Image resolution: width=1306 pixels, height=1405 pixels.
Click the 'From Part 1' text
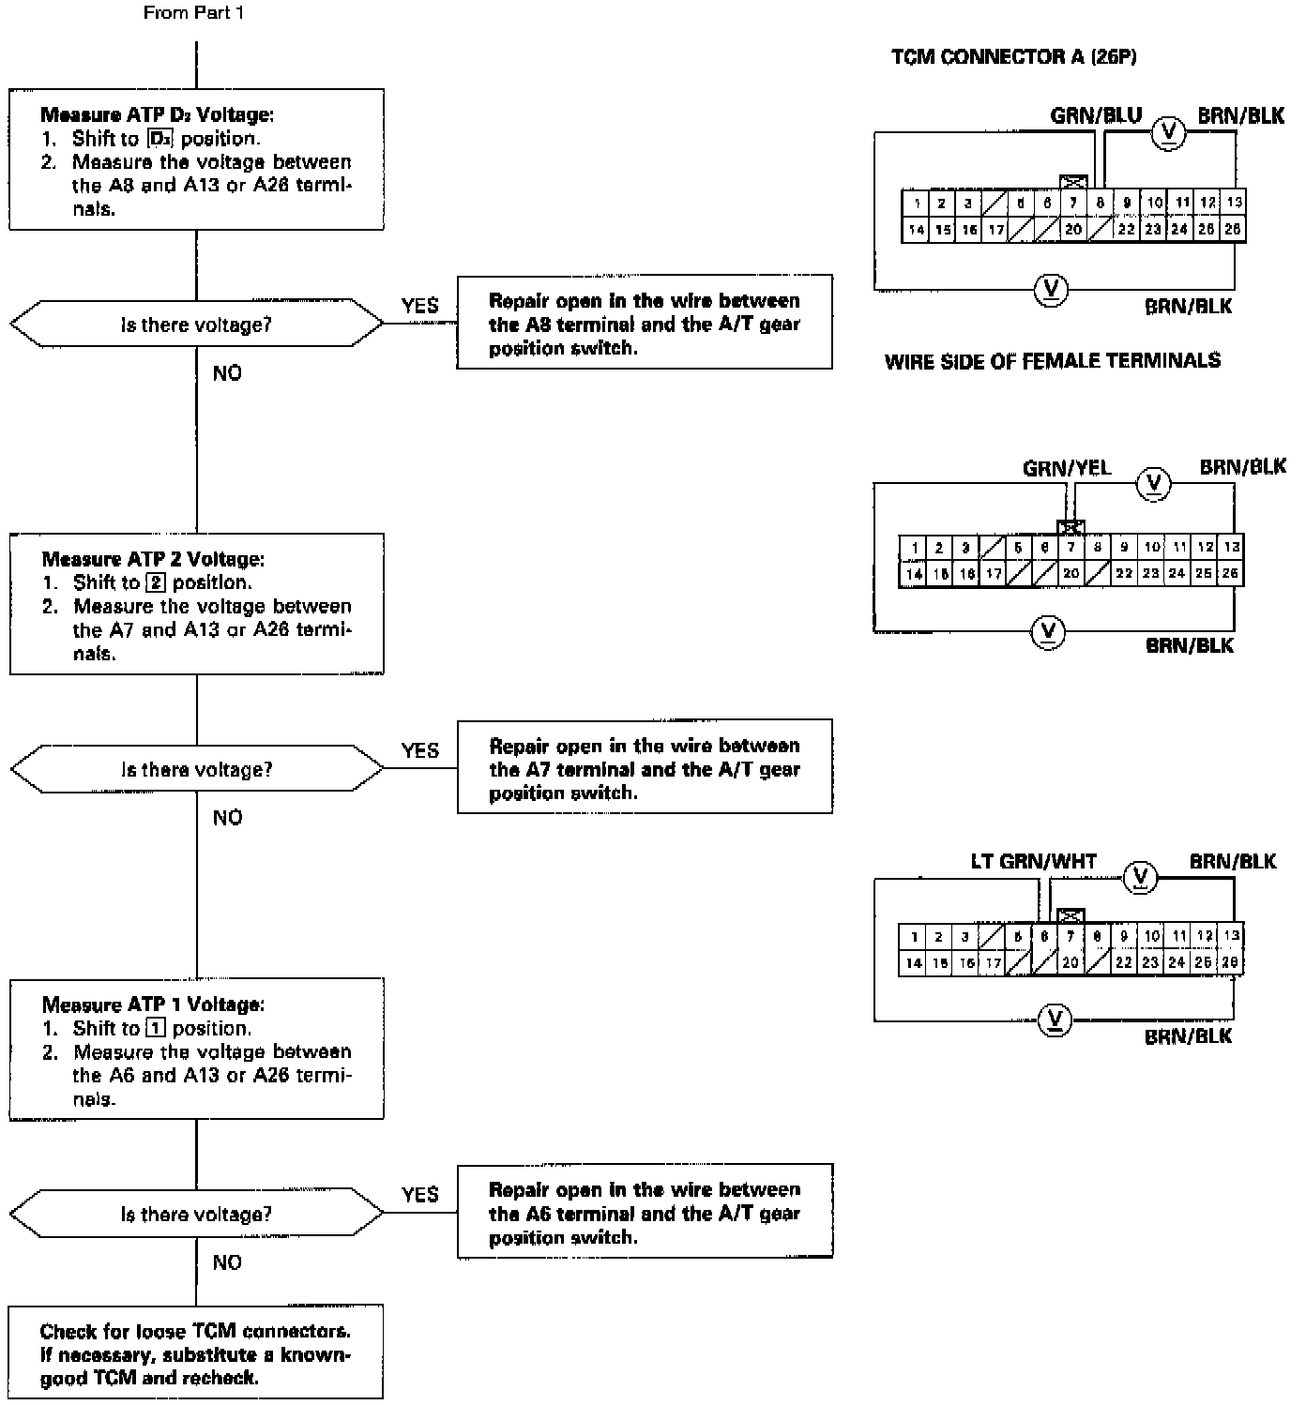coord(193,13)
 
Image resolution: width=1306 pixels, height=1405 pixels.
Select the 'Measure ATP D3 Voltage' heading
coord(157,114)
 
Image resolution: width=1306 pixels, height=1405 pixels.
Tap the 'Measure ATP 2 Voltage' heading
coord(153,559)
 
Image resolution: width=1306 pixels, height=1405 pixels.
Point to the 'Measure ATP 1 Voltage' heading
coord(153,1005)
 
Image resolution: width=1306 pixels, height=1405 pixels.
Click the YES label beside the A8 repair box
coord(419,306)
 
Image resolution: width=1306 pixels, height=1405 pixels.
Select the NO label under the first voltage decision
coord(227,373)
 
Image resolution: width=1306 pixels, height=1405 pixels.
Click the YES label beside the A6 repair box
coord(420,1195)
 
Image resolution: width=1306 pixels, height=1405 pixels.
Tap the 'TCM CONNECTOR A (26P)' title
coord(1013,57)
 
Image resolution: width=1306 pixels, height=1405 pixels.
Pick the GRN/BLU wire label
coord(1096,116)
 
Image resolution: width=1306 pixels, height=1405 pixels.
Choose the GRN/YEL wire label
coord(1067,468)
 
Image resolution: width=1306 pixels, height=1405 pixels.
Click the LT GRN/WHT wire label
coord(1034,861)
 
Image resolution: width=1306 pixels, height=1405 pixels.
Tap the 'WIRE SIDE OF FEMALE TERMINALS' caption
coord(1053,361)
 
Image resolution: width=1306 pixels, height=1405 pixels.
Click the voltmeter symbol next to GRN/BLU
coord(1169,132)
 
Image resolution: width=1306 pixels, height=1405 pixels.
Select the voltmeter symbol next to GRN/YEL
coord(1154,484)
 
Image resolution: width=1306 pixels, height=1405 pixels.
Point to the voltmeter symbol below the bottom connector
coord(1055,1020)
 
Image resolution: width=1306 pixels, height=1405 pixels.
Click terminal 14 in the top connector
coord(916,230)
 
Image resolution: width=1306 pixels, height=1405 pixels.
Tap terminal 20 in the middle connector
coord(1071,573)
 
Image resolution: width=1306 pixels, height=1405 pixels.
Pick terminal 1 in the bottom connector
coord(914,937)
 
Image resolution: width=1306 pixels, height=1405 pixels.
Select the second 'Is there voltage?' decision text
coord(197,769)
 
